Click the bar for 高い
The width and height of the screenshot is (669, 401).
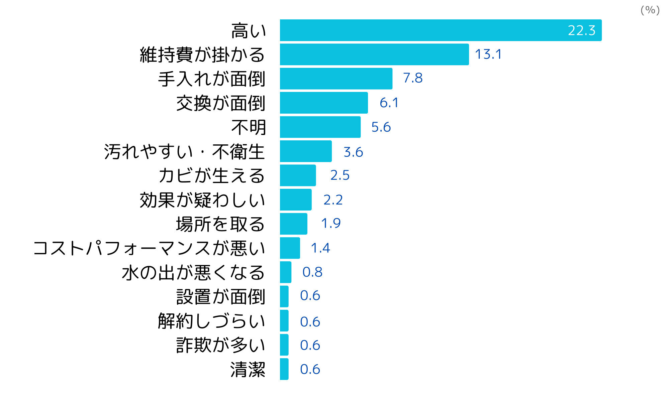[441, 30]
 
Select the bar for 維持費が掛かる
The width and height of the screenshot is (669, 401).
[374, 54]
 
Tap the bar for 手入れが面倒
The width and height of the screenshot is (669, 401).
[336, 79]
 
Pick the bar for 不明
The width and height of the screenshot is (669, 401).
[320, 127]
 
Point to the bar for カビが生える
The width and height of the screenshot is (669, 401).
[298, 175]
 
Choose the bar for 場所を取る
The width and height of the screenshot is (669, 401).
[293, 224]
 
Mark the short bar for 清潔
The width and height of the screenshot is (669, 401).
[284, 369]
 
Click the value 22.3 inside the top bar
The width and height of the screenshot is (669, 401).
[581, 30]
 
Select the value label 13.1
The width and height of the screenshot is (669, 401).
[488, 54]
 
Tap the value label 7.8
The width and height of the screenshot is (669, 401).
[413, 78]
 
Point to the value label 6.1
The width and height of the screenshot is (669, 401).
[389, 103]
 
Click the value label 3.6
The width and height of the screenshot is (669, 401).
[353, 152]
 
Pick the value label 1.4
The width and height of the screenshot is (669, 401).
[320, 248]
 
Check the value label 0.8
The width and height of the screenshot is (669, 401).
[312, 272]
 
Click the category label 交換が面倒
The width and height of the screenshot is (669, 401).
[221, 103]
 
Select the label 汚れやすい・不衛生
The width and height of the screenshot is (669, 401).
[185, 152]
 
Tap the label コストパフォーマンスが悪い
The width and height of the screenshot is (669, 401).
[149, 248]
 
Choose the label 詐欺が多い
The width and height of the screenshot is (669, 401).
[221, 345]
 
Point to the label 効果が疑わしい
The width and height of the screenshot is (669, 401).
[203, 200]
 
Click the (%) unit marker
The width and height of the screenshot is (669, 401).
[650, 10]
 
